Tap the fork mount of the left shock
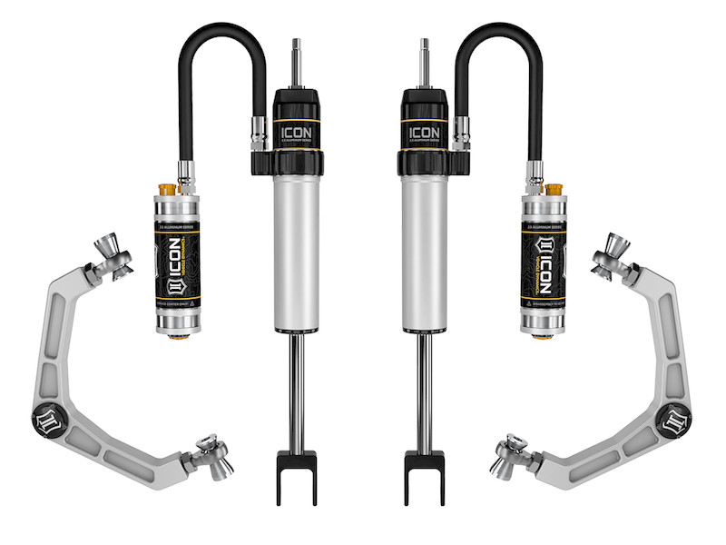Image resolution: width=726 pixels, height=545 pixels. click(x=296, y=471)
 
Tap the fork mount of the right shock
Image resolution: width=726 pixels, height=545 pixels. click(x=426, y=471)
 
